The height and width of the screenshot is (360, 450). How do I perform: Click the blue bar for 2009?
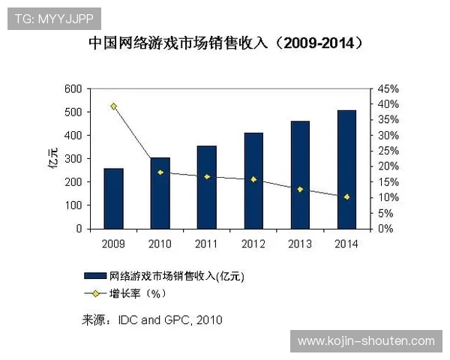[113, 199]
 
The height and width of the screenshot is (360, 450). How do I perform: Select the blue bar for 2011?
[207, 187]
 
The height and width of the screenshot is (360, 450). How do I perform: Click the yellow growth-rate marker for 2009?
[113, 106]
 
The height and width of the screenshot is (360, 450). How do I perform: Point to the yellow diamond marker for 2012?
[253, 179]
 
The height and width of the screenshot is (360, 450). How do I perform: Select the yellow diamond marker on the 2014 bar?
[346, 196]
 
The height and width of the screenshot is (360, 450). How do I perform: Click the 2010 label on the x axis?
[160, 244]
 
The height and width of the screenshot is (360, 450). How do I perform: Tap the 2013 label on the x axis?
[300, 244]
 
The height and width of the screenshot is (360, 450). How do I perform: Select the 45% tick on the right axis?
[388, 88]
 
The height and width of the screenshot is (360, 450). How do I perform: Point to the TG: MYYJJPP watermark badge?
[53, 19]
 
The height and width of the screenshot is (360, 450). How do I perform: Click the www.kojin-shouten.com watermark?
[366, 341]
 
